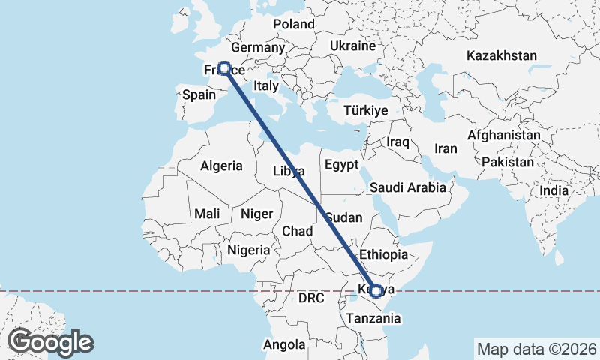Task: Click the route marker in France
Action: (223, 67)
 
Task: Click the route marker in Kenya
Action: (376, 290)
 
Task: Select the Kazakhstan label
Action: (502, 55)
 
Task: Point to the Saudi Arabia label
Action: (408, 187)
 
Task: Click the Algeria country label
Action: (221, 166)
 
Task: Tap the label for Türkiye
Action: (365, 110)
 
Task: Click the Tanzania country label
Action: (373, 318)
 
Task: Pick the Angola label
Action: (284, 345)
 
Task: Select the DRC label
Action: (310, 298)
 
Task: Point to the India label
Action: (554, 190)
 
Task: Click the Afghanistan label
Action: (503, 135)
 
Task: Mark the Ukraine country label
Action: (352, 46)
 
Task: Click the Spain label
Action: (199, 94)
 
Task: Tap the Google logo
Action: (51, 342)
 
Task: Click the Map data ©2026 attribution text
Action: (536, 349)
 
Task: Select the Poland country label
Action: (294, 24)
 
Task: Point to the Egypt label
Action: (342, 165)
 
